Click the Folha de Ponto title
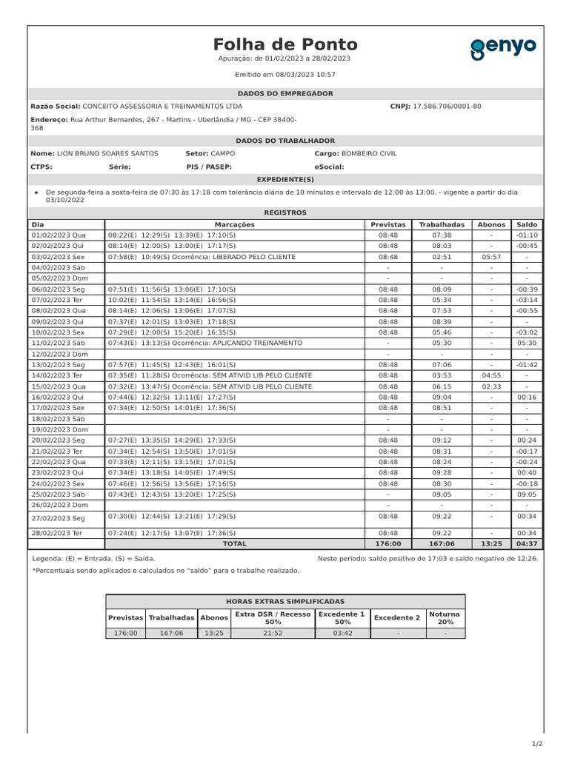(285, 44)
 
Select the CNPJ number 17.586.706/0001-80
(446, 106)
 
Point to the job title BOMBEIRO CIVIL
(369, 153)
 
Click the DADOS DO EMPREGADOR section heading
(285, 94)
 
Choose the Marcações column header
(234, 224)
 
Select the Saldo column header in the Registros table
(527, 224)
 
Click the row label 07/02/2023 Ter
(58, 300)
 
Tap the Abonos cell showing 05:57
(491, 257)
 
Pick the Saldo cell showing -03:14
(527, 300)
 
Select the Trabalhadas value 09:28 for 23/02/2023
(442, 472)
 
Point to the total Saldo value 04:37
(527, 543)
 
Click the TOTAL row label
(234, 543)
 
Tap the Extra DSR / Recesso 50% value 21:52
(273, 633)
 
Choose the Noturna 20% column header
(445, 618)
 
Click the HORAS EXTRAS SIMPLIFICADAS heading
(285, 602)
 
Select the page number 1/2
(537, 744)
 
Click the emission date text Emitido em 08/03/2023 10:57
(285, 75)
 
